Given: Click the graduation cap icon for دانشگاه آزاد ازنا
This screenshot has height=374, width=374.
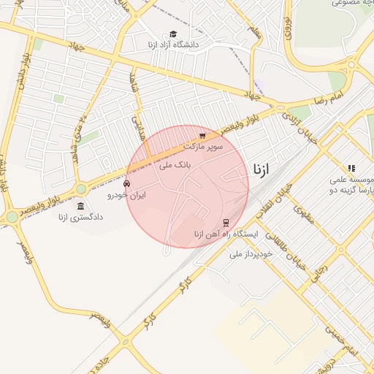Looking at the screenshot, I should coord(173,34).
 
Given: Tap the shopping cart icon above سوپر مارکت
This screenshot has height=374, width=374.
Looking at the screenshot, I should coord(202,135).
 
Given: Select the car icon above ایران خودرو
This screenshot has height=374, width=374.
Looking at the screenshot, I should coord(128,184).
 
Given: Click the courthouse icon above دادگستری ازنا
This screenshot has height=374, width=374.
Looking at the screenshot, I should coord(80,206).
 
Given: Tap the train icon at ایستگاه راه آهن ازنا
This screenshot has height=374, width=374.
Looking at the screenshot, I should coord(226,222).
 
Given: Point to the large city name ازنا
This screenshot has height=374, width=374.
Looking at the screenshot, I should coord(261,169).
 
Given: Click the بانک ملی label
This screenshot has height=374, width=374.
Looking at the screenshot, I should coord(175,165).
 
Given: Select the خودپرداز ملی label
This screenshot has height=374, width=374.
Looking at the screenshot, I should coord(251,253).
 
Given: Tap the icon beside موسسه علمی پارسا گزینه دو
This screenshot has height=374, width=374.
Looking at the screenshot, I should coord(351,168).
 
